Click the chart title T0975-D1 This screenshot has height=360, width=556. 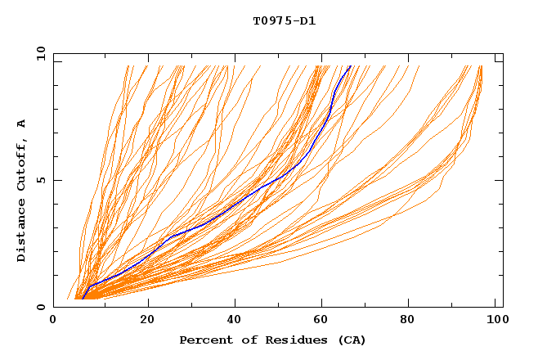(x=284, y=21)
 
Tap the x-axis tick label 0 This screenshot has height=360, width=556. (x=53, y=320)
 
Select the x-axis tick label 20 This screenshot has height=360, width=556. (x=147, y=320)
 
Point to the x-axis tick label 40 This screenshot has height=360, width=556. (x=235, y=320)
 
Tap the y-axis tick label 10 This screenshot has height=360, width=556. (x=40, y=52)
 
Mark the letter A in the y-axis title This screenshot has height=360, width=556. (x=22, y=124)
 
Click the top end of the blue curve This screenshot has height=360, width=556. (x=350, y=66)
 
